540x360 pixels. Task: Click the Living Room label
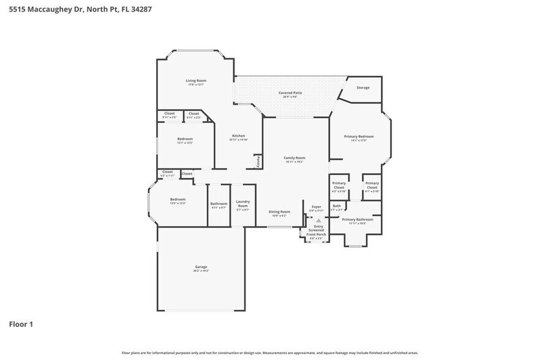[196, 81]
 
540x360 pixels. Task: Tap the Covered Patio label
[290, 93]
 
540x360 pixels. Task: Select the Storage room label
[363, 88]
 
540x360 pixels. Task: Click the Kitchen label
[238, 136]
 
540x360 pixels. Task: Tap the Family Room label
[294, 158]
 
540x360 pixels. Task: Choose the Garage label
[201, 267]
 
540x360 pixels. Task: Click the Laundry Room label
[242, 204]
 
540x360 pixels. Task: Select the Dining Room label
[279, 212]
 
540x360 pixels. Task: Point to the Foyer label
[316, 207]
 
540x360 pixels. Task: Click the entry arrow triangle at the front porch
[318, 220]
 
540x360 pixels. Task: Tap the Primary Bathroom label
[357, 220]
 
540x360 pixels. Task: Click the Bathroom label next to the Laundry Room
[219, 204]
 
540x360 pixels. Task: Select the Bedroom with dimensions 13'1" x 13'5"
[185, 139]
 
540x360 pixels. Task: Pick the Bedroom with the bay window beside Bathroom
[178, 200]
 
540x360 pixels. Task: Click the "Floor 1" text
[21, 324]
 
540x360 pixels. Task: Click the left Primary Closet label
[339, 186]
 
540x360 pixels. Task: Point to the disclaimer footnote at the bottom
[270, 353]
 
